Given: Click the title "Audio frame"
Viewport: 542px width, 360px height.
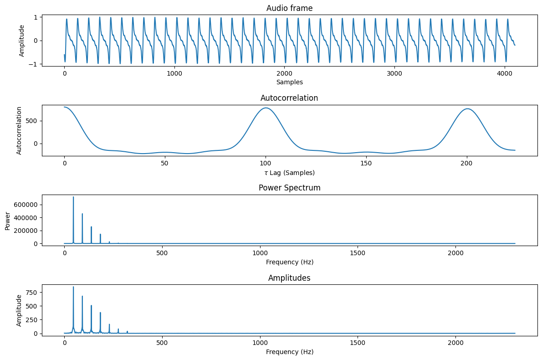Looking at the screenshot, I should point(289,8).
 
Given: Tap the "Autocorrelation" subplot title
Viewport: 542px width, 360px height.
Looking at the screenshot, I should point(289,98).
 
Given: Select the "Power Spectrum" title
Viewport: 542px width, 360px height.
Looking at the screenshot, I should point(289,188).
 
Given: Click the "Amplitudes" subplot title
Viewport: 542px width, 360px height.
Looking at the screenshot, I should point(289,278).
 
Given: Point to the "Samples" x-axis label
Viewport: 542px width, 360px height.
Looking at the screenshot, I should point(289,82).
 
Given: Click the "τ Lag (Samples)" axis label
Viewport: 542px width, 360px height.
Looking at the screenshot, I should point(289,173).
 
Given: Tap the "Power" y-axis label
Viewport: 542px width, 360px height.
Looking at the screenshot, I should point(8,221).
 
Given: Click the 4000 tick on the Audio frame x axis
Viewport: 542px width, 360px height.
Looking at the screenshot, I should point(504,74).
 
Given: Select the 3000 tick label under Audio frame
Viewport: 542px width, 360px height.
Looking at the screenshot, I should point(394,74).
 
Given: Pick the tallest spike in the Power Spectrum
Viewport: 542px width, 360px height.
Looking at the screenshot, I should point(73,197).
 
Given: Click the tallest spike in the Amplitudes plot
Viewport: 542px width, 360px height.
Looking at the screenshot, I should point(73,287).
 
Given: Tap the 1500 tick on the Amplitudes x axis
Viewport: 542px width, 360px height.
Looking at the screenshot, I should point(358,343).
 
